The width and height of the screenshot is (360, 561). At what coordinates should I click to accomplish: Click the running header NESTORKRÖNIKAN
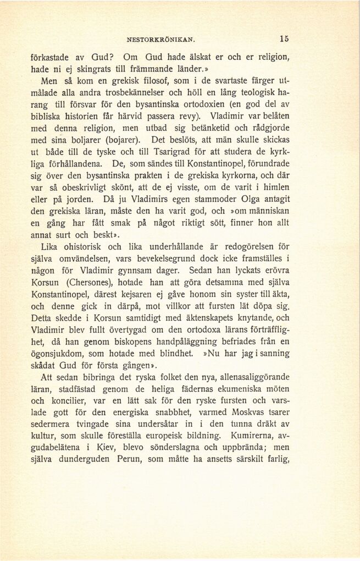coord(161,40)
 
